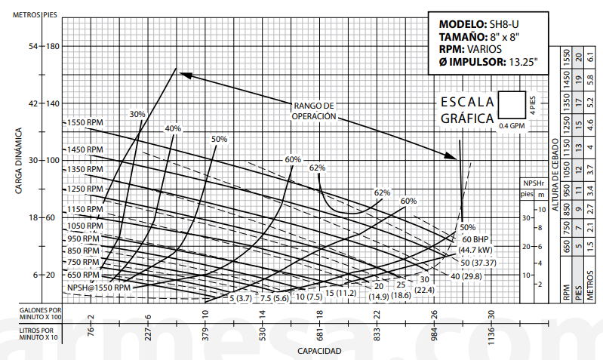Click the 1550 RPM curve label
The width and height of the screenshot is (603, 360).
85,122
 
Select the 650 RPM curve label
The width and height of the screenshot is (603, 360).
83,275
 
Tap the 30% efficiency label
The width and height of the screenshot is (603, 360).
137,115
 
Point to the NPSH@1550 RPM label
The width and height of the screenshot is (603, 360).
99,288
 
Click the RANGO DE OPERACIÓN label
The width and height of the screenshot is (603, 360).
313,111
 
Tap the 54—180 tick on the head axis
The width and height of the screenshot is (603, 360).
42,46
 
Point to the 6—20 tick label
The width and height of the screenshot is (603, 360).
44,275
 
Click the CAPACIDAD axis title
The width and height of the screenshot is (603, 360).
318,352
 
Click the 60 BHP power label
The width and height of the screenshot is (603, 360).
477,239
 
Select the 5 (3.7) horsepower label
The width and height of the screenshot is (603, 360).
240,299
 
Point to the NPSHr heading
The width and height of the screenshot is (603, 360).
532,183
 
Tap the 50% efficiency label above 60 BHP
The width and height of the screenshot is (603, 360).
468,227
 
